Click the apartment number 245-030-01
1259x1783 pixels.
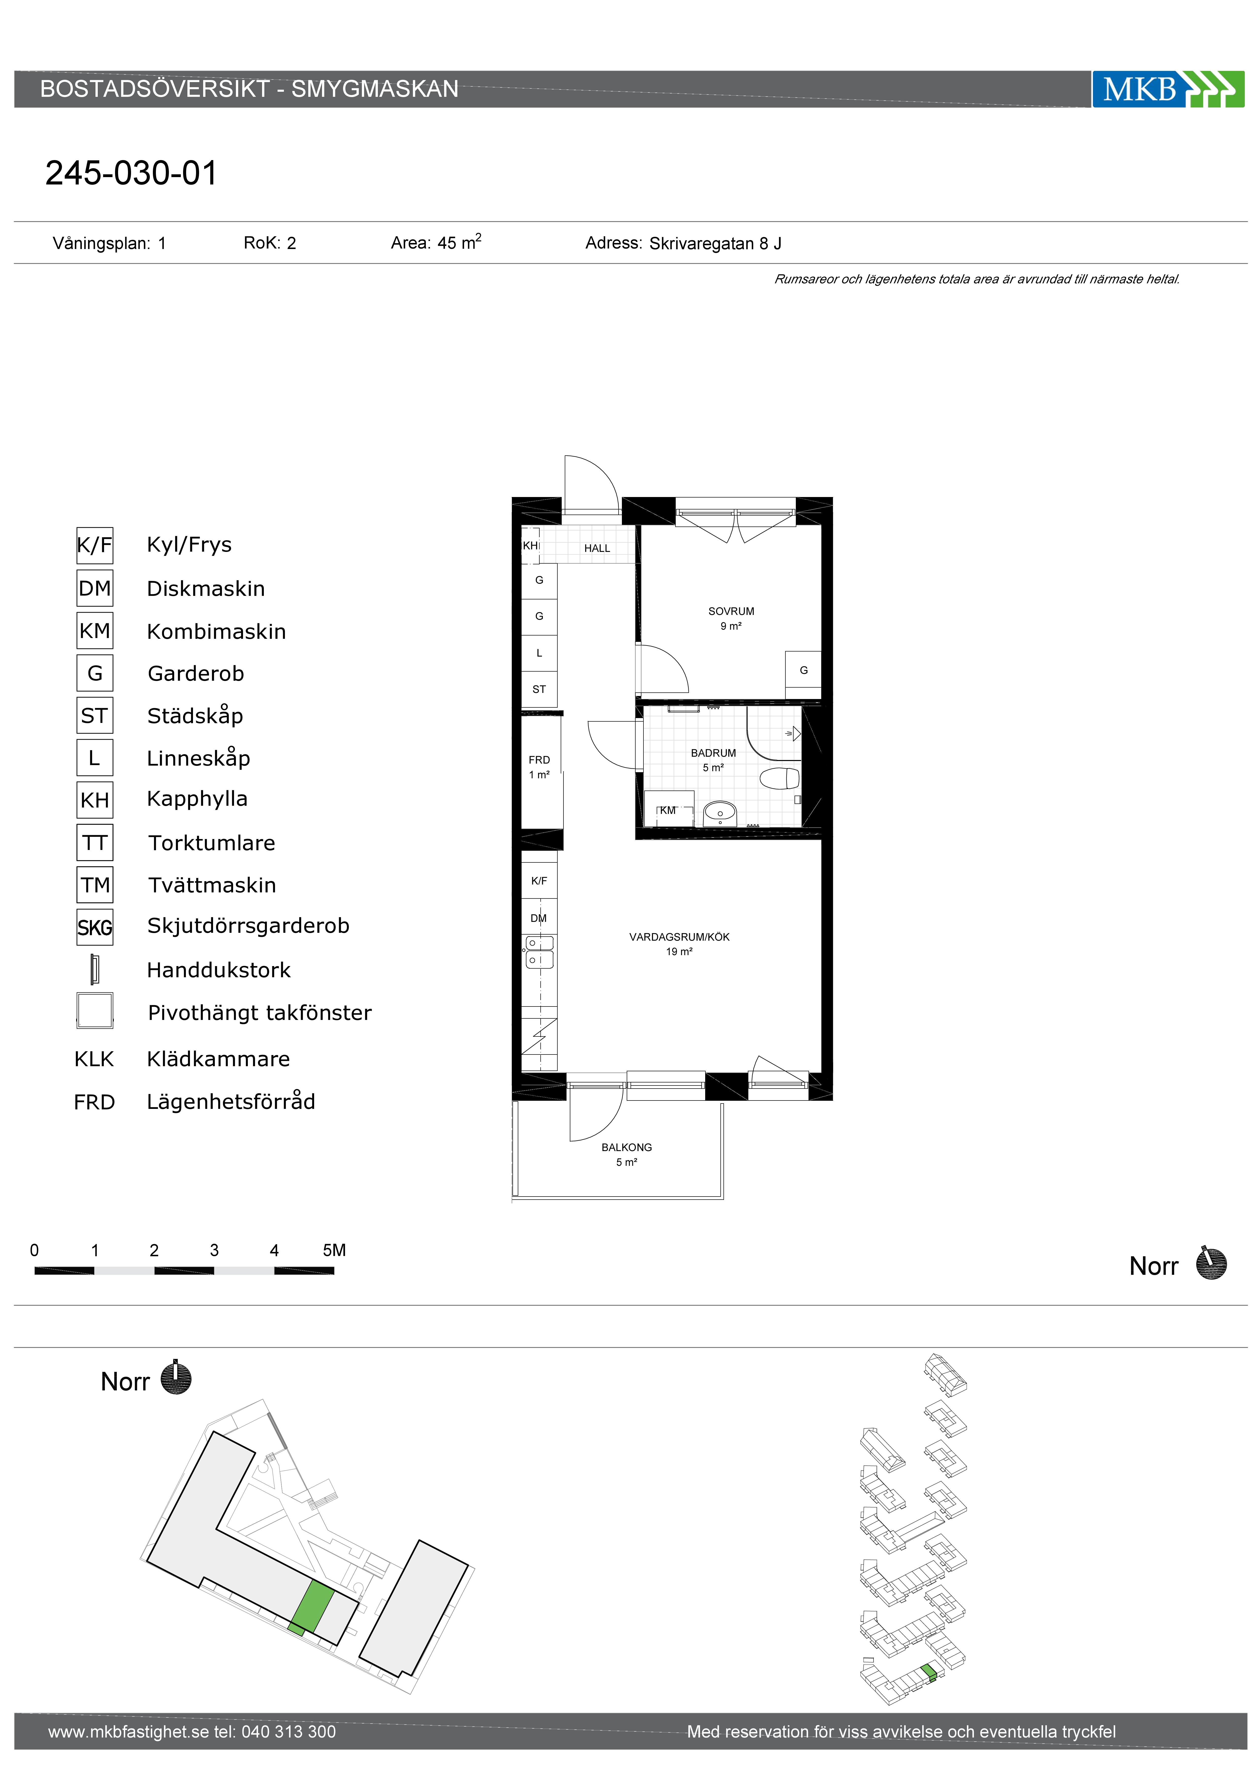(x=131, y=173)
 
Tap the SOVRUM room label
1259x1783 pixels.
(x=730, y=611)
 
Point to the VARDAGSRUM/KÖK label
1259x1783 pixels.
(x=679, y=937)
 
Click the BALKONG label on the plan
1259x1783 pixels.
(x=626, y=1147)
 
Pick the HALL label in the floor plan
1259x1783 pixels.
(x=597, y=548)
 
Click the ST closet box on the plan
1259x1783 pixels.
(x=539, y=689)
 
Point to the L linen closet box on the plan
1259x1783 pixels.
(x=539, y=653)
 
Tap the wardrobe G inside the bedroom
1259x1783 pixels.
(x=803, y=670)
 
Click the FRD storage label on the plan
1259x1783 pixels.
(x=539, y=760)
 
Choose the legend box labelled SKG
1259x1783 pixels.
(x=95, y=927)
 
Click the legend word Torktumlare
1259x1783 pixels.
(x=212, y=843)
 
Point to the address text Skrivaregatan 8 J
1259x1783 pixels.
(x=715, y=244)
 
